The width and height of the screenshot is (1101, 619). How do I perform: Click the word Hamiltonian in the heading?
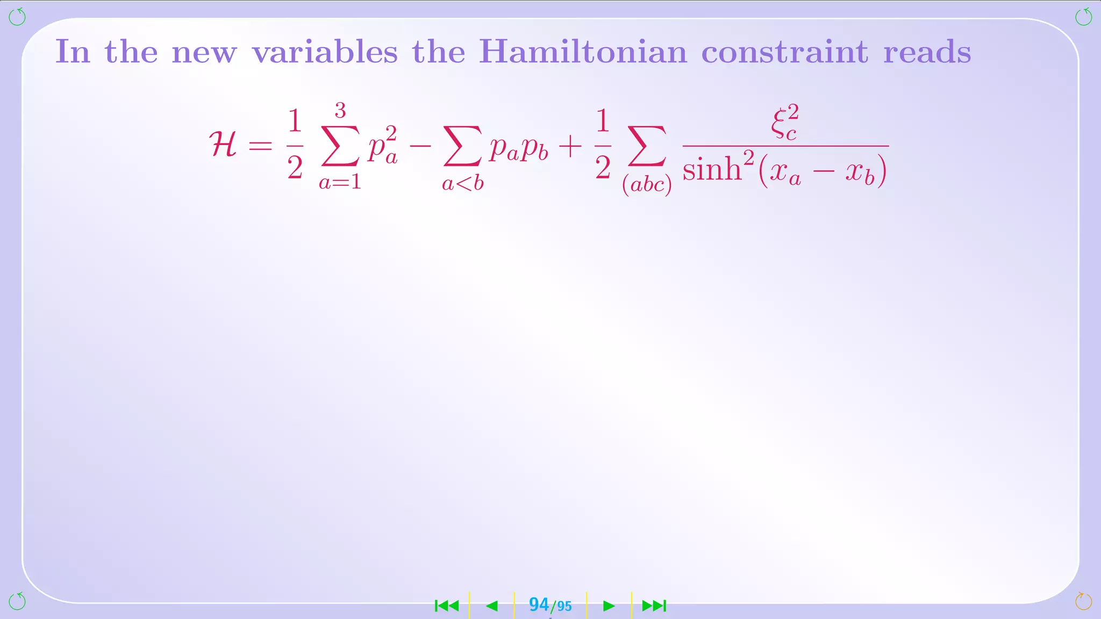583,52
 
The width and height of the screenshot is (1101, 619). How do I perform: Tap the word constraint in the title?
784,52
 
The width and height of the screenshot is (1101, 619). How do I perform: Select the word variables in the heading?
325,52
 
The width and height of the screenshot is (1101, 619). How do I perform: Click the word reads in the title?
927,52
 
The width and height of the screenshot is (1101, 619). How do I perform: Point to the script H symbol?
223,145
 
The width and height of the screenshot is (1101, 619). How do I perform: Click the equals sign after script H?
261,146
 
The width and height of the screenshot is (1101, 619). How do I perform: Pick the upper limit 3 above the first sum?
340,110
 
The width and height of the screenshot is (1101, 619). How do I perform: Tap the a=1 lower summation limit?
340,183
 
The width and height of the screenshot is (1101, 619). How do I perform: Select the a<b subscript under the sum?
462,184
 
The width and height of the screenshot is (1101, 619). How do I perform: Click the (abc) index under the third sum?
647,185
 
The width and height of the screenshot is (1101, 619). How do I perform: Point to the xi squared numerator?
784,123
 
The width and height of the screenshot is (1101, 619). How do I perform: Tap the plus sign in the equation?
570,146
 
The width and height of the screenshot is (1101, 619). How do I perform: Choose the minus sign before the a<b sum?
420,146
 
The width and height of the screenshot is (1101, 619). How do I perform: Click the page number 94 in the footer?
539,604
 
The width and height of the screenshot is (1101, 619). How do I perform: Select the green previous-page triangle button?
492,606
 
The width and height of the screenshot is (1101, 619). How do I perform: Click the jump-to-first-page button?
447,606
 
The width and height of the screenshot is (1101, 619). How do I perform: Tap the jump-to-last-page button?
654,606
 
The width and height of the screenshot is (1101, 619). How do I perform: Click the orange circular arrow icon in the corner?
1083,601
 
